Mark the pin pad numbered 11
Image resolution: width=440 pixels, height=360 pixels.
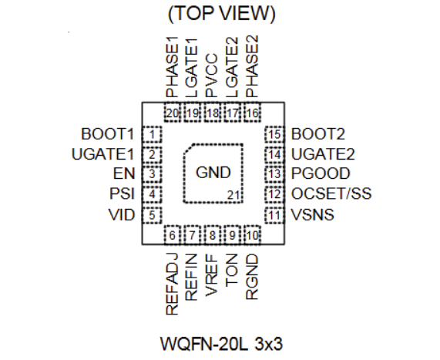pyautogui.click(x=273, y=214)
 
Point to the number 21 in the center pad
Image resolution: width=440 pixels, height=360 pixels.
pyautogui.click(x=233, y=193)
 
